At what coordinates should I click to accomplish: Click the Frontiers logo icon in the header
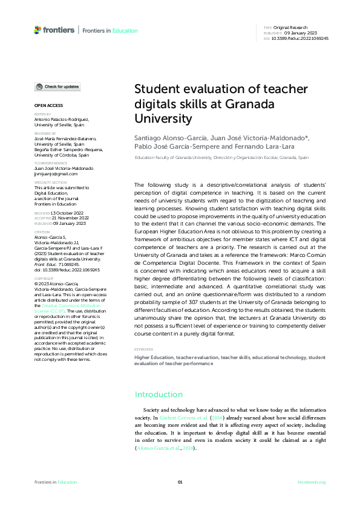click(38, 30)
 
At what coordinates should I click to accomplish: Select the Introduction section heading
click(159, 395)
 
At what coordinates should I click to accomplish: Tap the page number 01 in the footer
click(180, 482)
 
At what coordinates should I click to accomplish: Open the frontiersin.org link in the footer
click(312, 482)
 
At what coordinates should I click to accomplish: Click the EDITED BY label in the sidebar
click(42, 114)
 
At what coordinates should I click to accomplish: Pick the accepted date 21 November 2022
click(68, 218)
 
